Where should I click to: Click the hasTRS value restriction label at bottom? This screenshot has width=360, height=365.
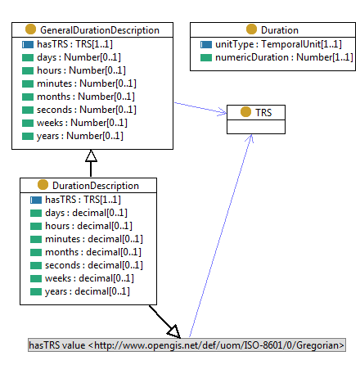pos(187,345)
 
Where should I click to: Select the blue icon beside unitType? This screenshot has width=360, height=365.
pos(206,44)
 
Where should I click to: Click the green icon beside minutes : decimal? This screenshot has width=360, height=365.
pos(35,238)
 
